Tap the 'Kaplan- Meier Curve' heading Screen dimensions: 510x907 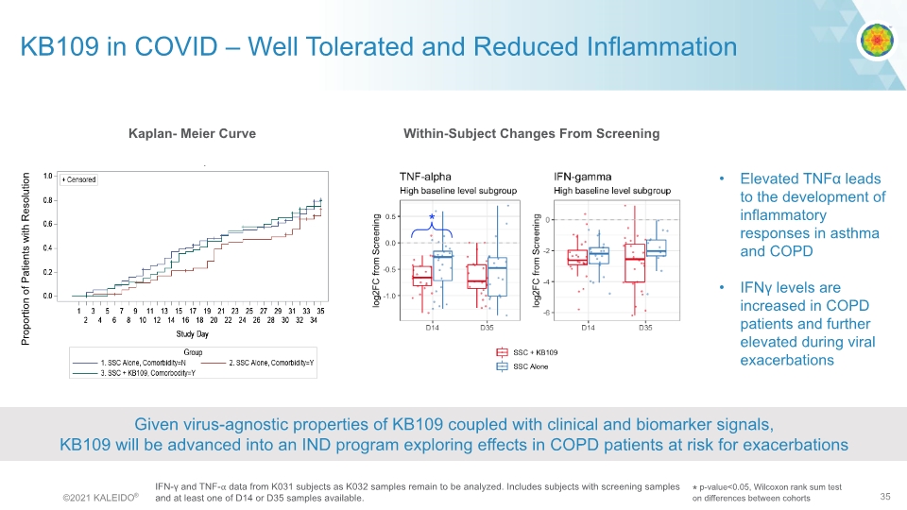pos(192,133)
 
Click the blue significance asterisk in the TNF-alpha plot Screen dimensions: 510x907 pos(432,218)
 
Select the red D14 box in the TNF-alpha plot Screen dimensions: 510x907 pos(422,275)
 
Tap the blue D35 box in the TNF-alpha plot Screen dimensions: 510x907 pos(497,277)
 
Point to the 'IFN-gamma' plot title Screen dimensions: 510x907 pos(582,176)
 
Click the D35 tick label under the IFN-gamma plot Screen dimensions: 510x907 pos(644,328)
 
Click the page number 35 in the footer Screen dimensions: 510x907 pos(885,496)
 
